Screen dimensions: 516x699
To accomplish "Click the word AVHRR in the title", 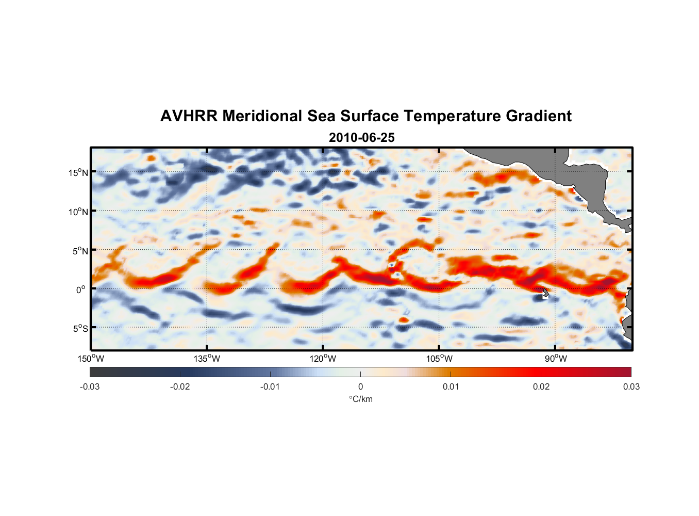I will click(x=188, y=116).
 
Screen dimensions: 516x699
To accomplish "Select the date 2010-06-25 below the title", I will click(x=361, y=138).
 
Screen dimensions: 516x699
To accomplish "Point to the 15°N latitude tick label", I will click(x=78, y=172).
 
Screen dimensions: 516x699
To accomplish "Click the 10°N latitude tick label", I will click(x=78, y=212).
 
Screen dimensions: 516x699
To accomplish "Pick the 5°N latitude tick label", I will click(x=79, y=251).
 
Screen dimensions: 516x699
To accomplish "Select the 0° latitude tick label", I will click(x=81, y=289).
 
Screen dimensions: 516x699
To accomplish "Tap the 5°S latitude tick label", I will click(x=79, y=329).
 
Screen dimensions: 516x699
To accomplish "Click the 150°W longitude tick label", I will click(x=91, y=359).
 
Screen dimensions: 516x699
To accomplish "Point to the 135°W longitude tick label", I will click(x=207, y=359).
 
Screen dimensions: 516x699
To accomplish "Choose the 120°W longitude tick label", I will click(x=323, y=359).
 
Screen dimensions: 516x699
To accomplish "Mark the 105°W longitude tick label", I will click(x=439, y=359).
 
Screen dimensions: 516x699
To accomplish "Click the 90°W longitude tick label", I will click(x=556, y=359).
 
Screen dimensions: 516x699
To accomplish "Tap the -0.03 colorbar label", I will click(x=90, y=386).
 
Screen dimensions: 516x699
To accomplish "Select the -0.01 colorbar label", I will click(x=270, y=386).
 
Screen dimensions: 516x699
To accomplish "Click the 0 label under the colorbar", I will click(x=360, y=386).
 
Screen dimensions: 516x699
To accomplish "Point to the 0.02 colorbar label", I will click(x=541, y=386).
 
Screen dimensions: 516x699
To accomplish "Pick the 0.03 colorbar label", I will click(x=631, y=386).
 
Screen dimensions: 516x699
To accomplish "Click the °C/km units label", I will click(x=360, y=399).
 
